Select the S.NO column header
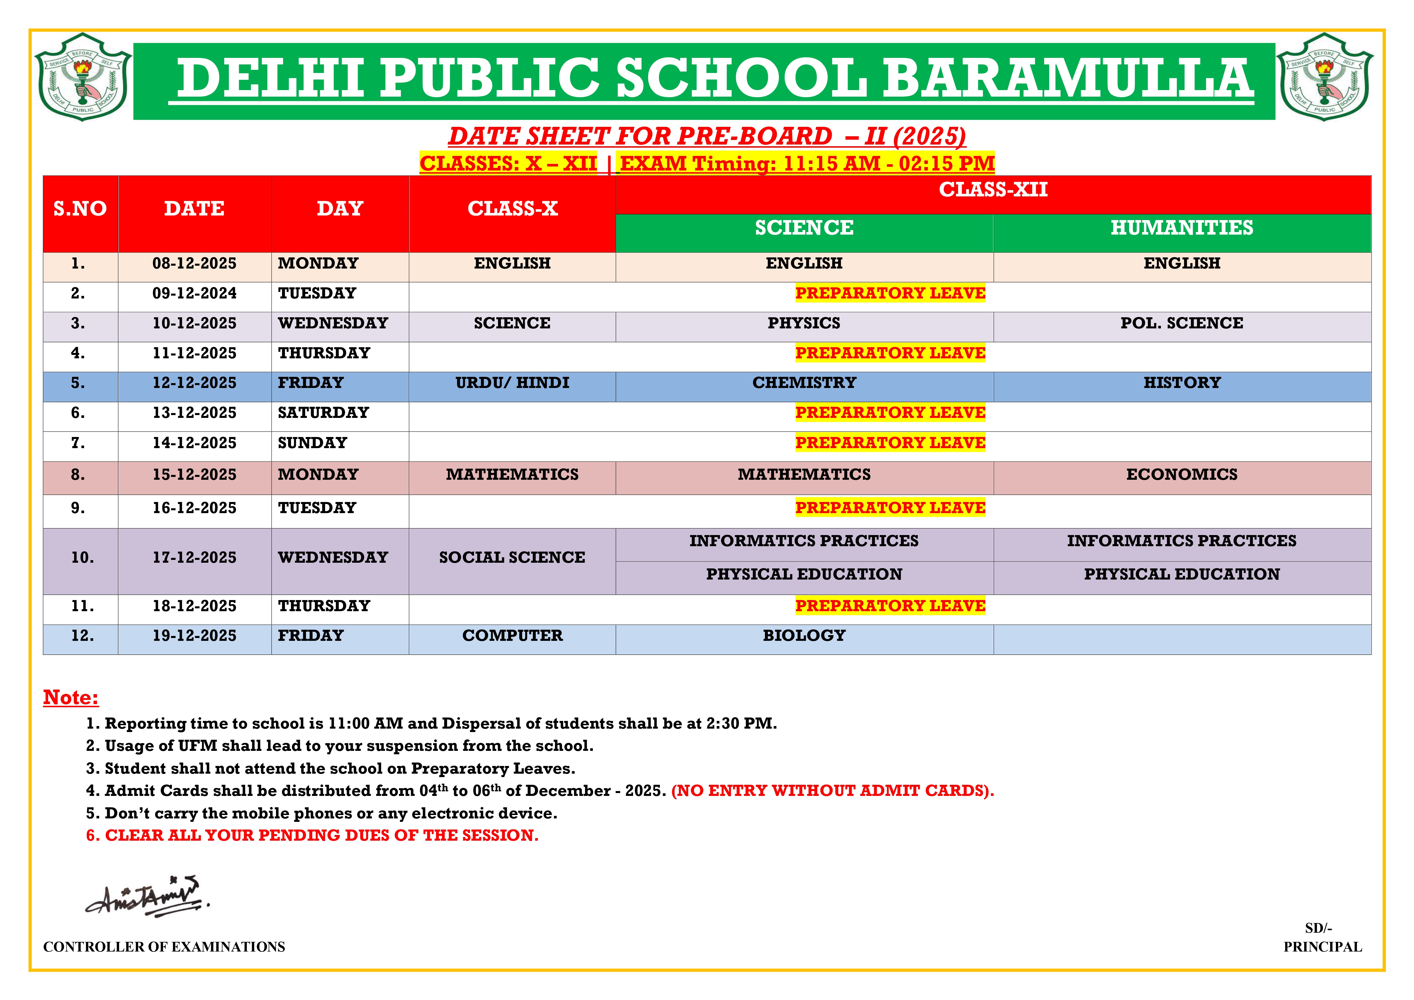point(80,209)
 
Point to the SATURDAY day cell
point(323,412)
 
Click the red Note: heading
point(71,698)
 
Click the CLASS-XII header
point(993,190)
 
